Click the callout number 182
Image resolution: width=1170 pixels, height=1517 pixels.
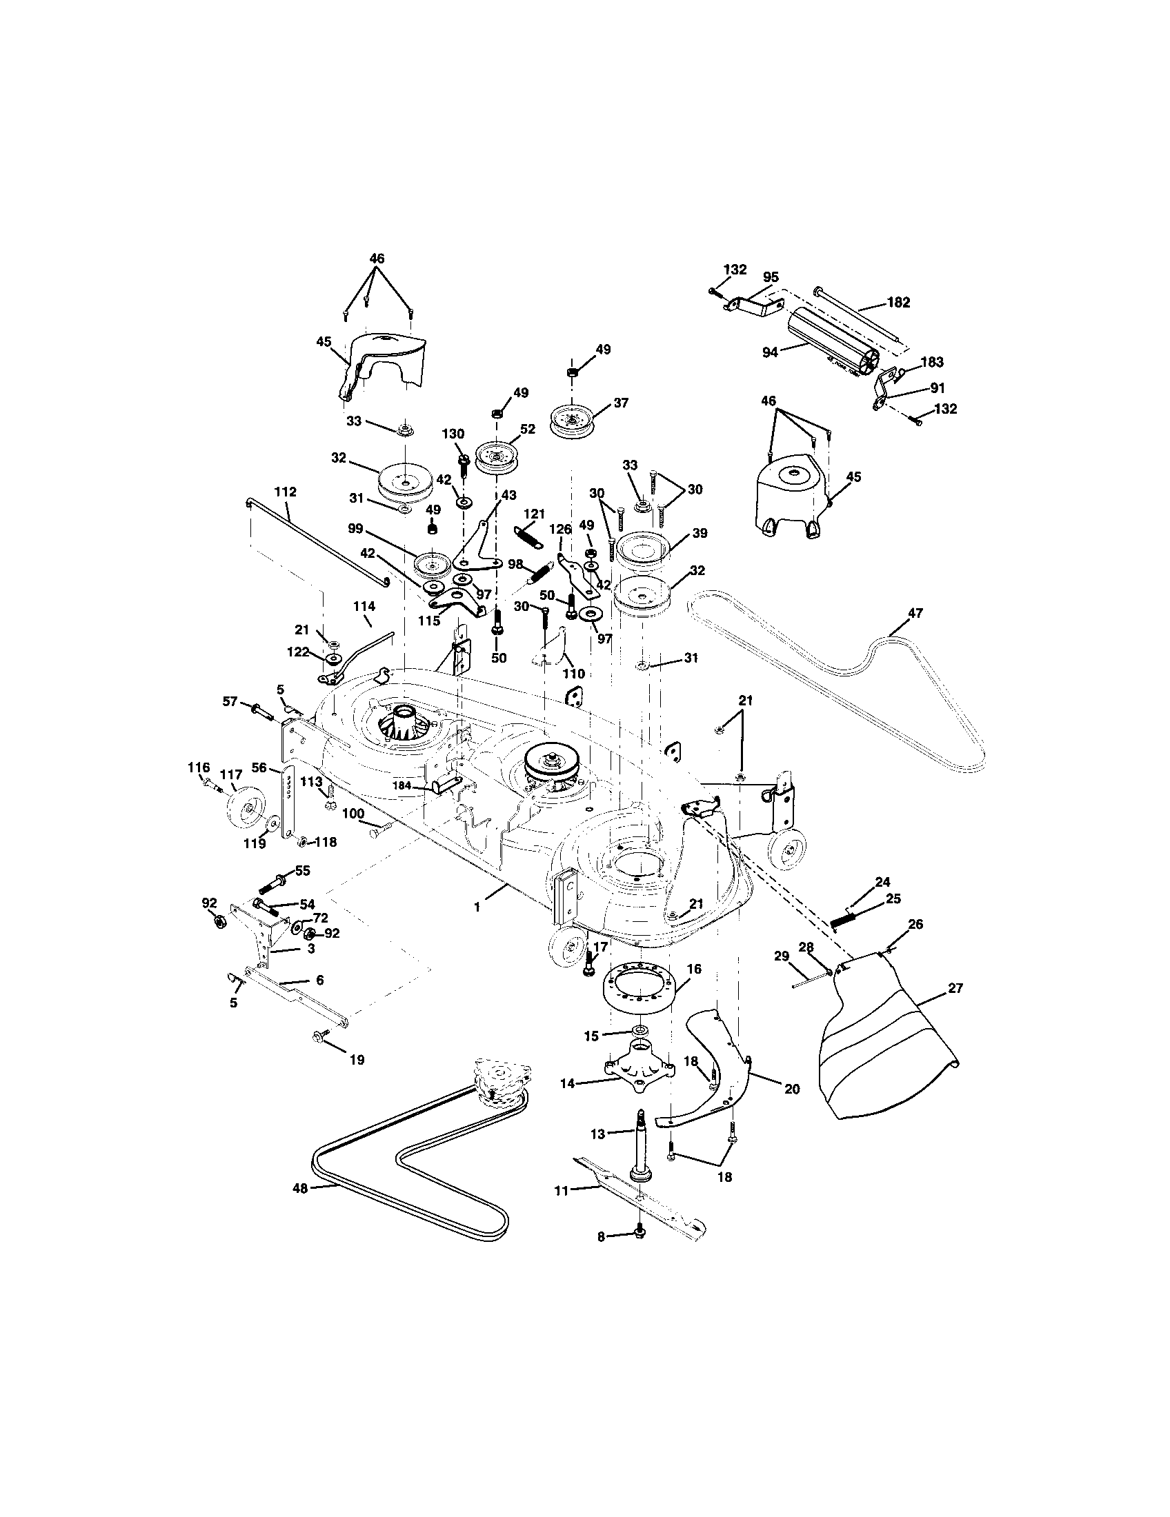(x=898, y=303)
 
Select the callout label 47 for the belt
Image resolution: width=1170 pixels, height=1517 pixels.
(x=915, y=613)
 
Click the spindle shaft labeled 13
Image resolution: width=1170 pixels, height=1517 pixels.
(x=639, y=1138)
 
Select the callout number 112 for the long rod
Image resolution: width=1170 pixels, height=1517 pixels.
(x=285, y=492)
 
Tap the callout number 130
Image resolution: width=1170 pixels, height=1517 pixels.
(x=453, y=434)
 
